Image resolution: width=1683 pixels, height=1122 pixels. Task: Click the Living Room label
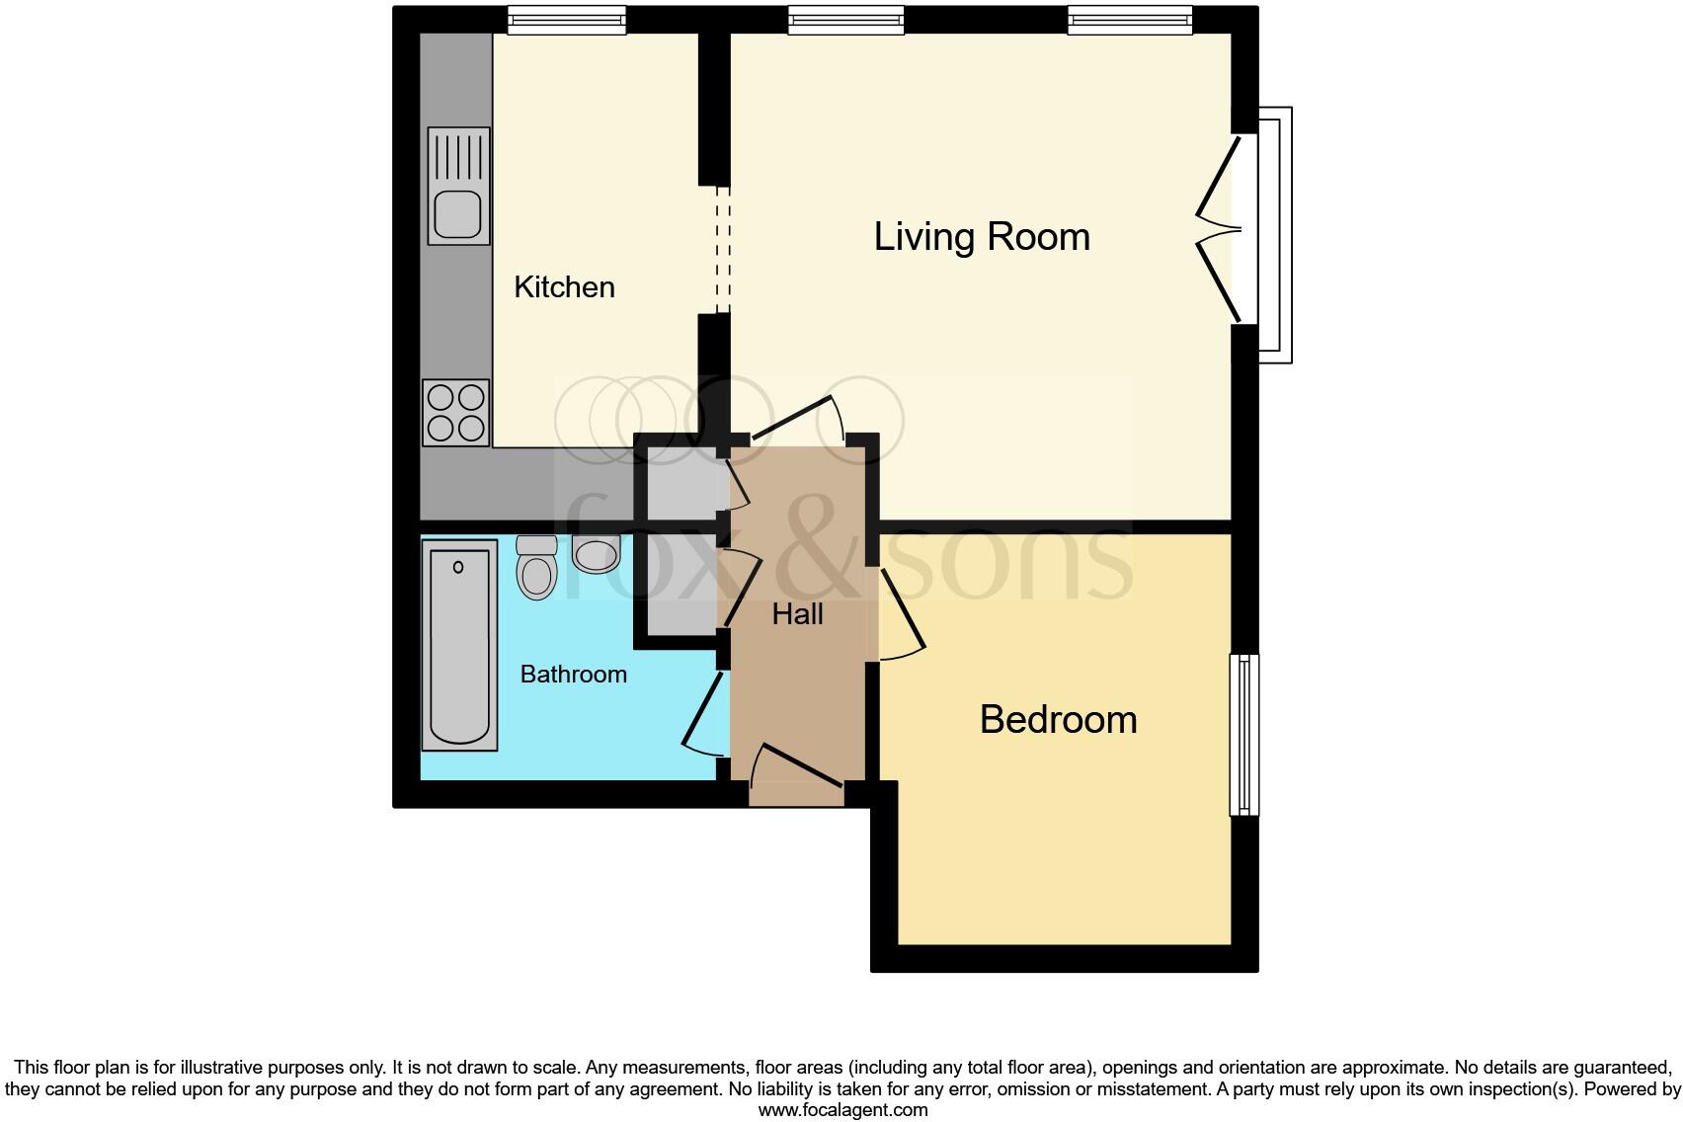point(982,237)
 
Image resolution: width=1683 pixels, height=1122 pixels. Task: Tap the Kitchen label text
point(564,287)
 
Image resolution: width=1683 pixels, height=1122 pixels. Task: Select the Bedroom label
point(1058,719)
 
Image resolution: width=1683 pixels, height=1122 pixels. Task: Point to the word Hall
point(797,614)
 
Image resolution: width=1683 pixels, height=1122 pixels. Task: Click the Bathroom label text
point(573,675)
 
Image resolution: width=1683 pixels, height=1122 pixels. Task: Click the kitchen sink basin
point(455,214)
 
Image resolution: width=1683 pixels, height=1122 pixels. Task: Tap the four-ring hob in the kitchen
point(456,413)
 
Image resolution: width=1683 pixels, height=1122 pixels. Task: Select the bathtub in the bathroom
point(459,646)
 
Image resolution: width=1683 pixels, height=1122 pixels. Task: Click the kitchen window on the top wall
point(567,19)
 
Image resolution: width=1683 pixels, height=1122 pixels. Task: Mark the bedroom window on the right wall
point(1243,734)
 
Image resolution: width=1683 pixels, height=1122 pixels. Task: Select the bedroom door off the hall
point(901,617)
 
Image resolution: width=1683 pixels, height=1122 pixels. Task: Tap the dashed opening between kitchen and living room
point(723,250)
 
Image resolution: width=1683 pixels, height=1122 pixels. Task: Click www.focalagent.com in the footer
point(842,1110)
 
